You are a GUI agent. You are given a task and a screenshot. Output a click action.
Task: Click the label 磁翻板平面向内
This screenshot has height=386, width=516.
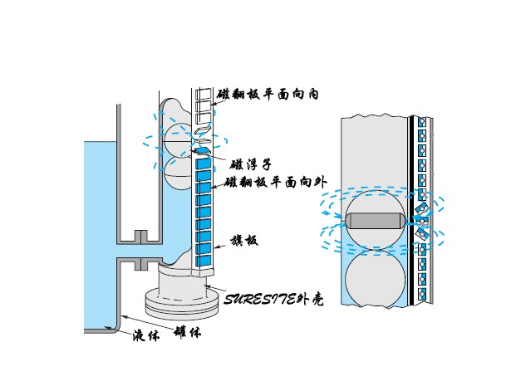tap(268, 95)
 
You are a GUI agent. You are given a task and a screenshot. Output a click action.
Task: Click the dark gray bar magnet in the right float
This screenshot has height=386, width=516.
tap(374, 221)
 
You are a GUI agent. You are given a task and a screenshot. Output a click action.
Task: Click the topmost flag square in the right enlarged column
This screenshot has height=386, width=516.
tap(422, 123)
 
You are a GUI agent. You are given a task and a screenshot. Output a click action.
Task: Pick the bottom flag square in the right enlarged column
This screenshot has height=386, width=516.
tap(422, 293)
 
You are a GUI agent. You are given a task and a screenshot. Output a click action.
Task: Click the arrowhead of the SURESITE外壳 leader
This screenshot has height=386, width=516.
tap(205, 286)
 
